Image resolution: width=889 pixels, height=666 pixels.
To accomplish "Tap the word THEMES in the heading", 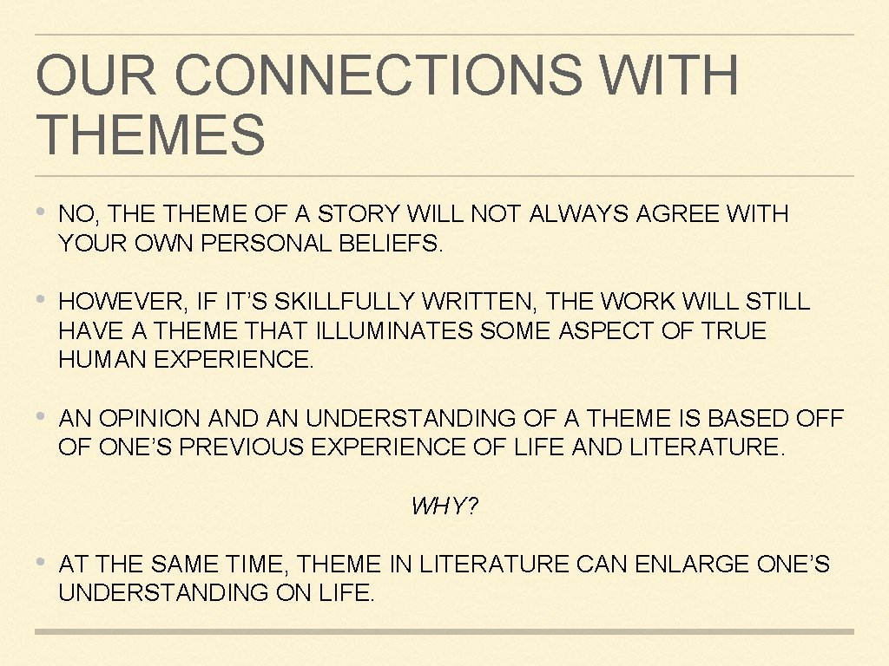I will [x=150, y=135].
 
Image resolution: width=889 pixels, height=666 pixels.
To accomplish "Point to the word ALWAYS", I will [x=579, y=214].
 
